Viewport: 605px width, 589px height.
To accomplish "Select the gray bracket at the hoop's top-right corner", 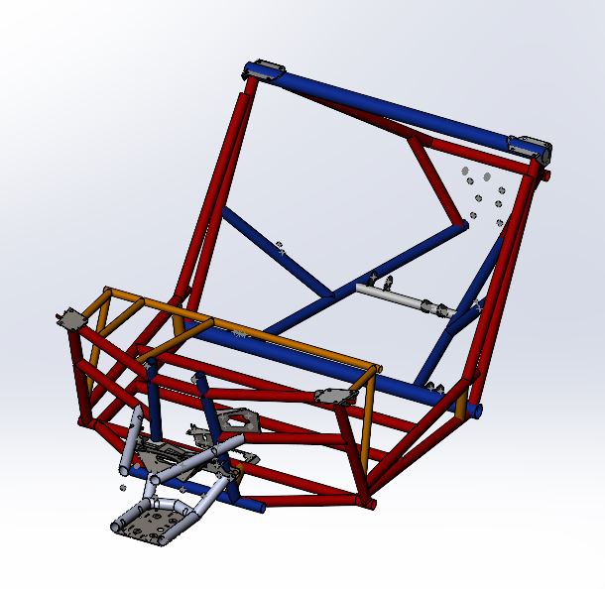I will click(x=532, y=149).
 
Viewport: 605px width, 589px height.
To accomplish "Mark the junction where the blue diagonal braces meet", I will click(x=330, y=294).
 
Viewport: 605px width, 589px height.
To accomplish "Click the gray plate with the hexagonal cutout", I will click(x=236, y=421).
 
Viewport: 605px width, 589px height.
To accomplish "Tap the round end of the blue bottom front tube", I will click(x=262, y=508).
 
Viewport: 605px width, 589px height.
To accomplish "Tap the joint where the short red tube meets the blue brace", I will click(x=462, y=226).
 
